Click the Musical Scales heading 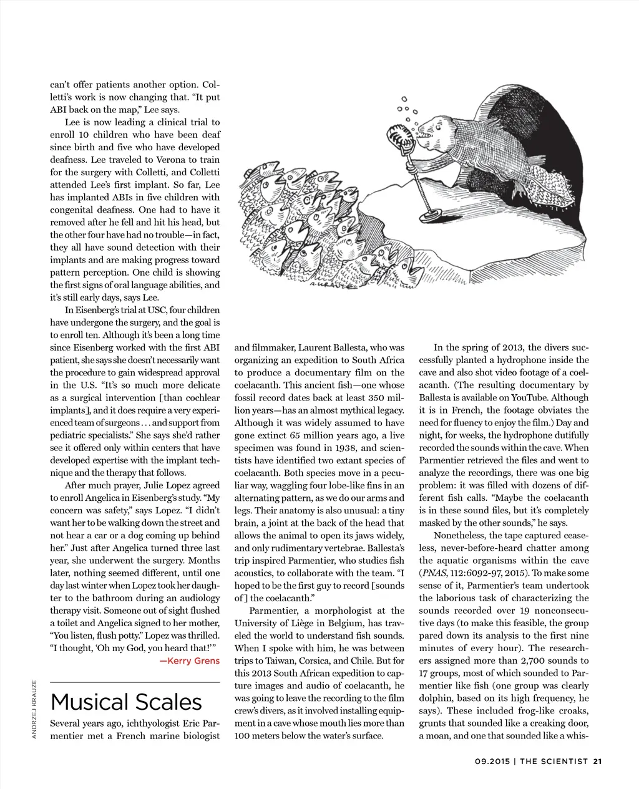126,702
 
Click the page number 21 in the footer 597,761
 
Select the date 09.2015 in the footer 492,761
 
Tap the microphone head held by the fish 399,135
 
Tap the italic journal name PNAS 432,573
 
